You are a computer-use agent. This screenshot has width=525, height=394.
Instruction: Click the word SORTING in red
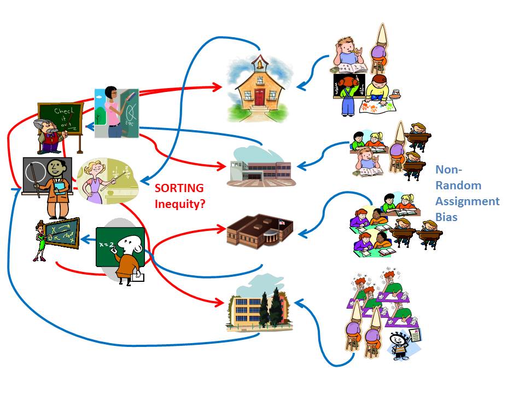[179, 188]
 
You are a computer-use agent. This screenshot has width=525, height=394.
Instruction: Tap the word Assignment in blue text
[467, 201]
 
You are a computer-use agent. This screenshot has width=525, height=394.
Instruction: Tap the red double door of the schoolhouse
[259, 97]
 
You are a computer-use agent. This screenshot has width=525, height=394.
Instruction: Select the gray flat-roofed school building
[261, 166]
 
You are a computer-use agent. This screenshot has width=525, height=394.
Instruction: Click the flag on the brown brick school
[281, 222]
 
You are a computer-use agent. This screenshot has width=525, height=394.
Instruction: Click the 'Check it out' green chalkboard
[60, 117]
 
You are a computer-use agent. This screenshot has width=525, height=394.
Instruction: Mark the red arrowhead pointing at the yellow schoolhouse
[217, 86]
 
